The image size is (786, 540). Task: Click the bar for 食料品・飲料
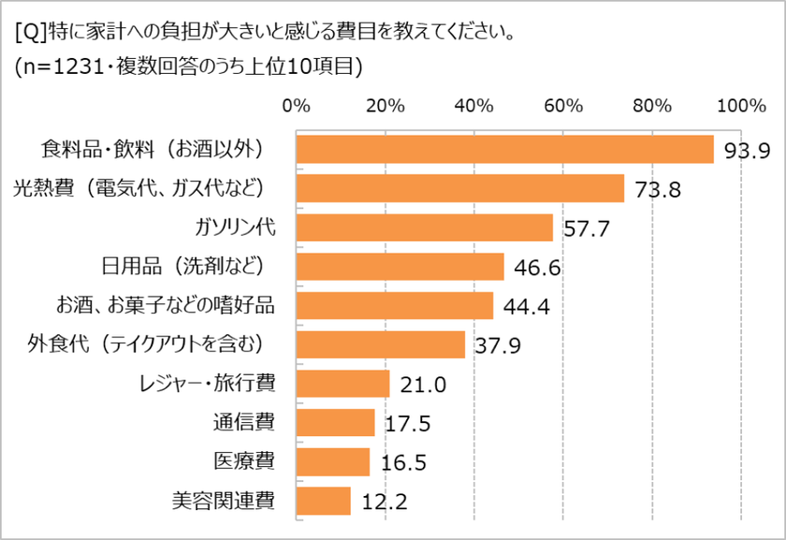click(505, 150)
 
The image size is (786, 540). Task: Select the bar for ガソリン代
click(425, 227)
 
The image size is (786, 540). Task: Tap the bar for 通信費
click(335, 422)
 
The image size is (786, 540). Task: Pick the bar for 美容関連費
click(323, 501)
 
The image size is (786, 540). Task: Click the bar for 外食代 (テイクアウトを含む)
click(380, 344)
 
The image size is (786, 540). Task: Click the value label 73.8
click(656, 190)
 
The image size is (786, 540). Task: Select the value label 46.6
click(536, 269)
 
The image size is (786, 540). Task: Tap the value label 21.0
click(422, 386)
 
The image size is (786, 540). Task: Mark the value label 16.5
click(402, 463)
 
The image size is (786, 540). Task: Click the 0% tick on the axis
click(297, 105)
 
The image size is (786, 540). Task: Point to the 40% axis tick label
click(474, 105)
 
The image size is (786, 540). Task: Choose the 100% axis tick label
click(741, 105)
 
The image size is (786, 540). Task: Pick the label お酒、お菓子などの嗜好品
click(165, 304)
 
